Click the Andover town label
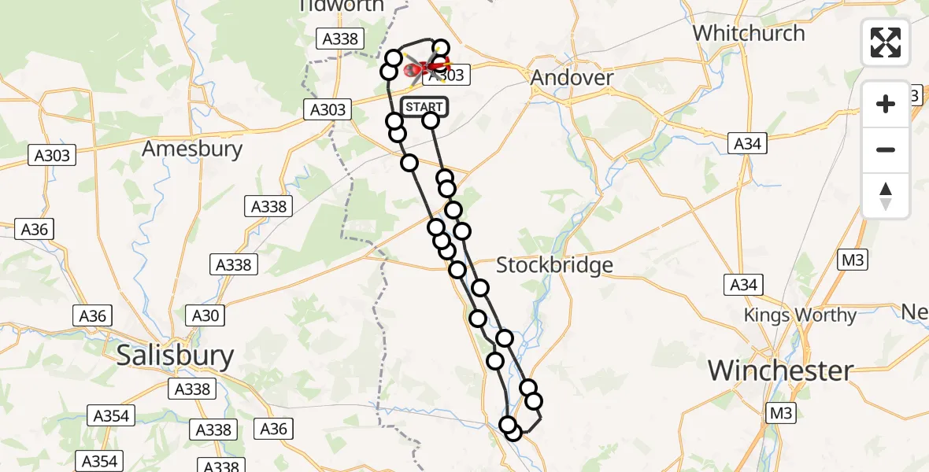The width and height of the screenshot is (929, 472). [x=572, y=78]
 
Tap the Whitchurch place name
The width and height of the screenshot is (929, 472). [x=749, y=33]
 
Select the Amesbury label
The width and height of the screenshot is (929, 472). [x=192, y=149]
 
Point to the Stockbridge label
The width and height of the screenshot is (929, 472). [x=554, y=265]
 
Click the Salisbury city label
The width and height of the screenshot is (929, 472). [x=175, y=356]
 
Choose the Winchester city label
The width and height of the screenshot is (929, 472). [x=781, y=370]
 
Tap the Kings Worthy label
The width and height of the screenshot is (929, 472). [x=800, y=315]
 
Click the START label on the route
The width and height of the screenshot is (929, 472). [x=424, y=107]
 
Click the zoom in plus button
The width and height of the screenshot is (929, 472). [x=886, y=104]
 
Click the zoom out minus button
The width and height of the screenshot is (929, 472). [x=886, y=149]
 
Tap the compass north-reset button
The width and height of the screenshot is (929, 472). [x=886, y=196]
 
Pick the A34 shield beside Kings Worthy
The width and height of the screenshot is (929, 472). [x=744, y=284]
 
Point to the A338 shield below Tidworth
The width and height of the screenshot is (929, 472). [x=339, y=39]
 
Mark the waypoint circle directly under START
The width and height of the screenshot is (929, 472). [x=431, y=120]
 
